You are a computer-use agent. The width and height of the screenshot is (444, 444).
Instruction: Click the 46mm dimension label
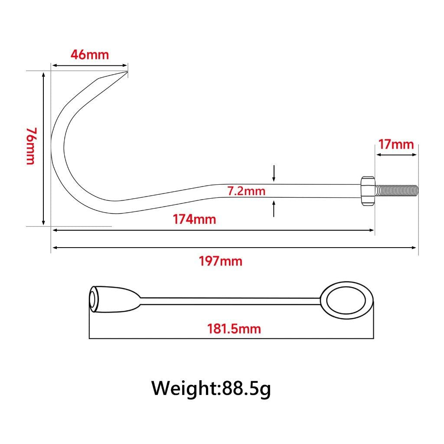point(89,54)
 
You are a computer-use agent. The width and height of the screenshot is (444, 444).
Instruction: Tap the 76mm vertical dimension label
point(31,146)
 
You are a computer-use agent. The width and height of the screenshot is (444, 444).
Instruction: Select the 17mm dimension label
point(396,144)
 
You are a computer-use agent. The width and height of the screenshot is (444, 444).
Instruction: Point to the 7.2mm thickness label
point(246,191)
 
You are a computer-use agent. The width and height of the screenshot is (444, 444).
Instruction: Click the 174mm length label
point(194,219)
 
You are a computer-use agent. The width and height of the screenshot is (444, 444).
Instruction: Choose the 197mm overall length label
point(221,261)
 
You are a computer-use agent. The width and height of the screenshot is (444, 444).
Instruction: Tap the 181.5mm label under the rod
point(234,329)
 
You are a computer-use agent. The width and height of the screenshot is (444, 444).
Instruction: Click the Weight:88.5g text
point(211,389)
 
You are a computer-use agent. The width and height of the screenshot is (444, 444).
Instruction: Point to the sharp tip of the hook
point(127,72)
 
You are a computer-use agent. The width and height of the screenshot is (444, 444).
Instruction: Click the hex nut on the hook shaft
point(368,191)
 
